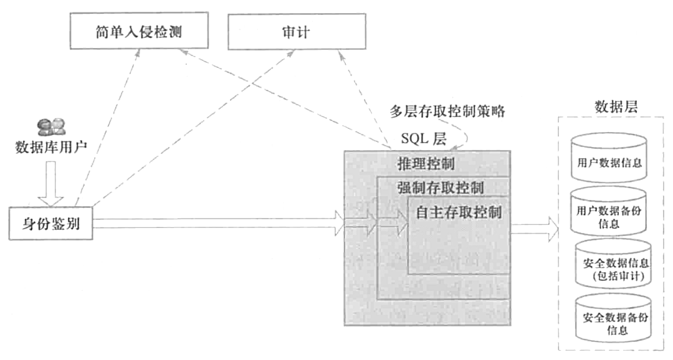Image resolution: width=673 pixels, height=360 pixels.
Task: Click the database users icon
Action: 50,128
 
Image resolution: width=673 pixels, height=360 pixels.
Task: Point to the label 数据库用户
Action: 50,148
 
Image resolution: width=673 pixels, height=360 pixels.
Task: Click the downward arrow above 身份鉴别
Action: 50,184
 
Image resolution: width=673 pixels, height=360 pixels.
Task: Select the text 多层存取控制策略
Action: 446,112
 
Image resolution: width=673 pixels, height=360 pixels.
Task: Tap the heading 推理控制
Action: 426,164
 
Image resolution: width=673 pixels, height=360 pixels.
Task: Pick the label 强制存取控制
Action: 441,187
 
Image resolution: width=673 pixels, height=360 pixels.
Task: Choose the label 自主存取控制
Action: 458,212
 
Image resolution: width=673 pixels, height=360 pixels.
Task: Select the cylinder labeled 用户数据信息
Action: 609,159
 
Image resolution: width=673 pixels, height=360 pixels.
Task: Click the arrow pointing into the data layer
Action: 535,228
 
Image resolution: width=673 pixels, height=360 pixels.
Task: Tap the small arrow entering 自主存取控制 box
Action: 393,223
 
